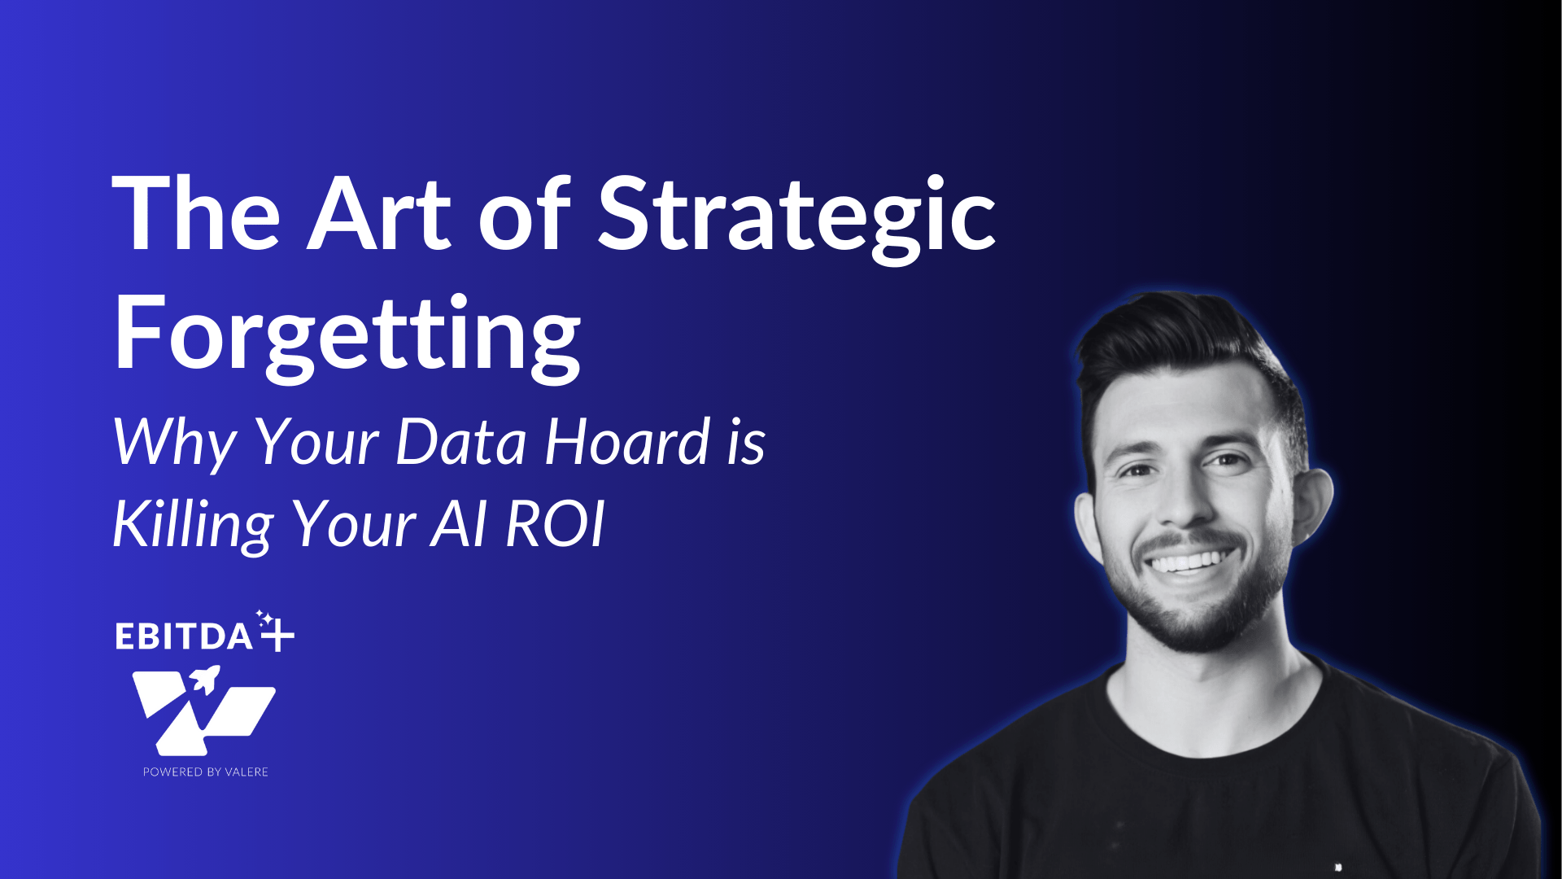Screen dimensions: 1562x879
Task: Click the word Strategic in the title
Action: click(x=797, y=216)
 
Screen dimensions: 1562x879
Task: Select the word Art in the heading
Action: click(x=378, y=213)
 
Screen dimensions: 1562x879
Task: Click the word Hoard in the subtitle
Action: click(x=628, y=442)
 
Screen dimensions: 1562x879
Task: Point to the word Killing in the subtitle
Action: click(x=193, y=526)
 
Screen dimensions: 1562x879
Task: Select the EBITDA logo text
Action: click(x=184, y=636)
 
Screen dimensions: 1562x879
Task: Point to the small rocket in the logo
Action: click(x=205, y=678)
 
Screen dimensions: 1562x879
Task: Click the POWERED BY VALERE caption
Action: click(x=206, y=772)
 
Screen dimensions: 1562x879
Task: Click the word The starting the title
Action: click(x=196, y=213)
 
